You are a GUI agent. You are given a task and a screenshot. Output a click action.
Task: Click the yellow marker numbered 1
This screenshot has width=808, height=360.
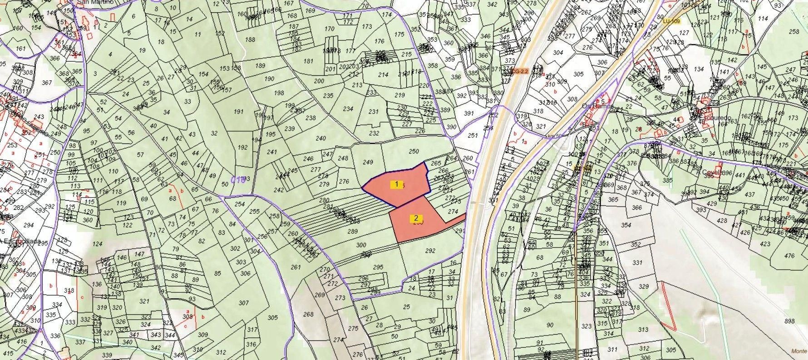coord(397,184)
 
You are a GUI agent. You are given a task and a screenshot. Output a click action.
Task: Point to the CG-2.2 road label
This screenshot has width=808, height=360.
coord(519,71)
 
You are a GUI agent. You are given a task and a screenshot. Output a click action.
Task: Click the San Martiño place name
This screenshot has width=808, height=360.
coord(95,2)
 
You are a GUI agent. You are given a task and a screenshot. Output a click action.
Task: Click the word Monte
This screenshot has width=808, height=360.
coord(798,351)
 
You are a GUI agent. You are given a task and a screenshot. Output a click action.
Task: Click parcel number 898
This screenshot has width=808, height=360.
coord(789,321)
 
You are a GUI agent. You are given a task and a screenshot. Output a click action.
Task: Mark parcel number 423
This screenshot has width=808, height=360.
coord(765,244)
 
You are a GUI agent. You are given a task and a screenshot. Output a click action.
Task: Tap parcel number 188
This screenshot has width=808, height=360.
coord(250,39)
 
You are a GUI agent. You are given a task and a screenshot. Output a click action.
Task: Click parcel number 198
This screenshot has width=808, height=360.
coord(279,93)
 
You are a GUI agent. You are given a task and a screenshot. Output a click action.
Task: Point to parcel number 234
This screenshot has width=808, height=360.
coord(348,109)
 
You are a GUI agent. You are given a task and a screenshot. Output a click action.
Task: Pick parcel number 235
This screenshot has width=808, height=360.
coord(328,95)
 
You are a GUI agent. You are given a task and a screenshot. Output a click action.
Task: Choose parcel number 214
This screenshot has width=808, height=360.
coord(383,75)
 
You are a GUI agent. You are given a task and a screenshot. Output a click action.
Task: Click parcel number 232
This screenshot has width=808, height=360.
coord(374,133)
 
